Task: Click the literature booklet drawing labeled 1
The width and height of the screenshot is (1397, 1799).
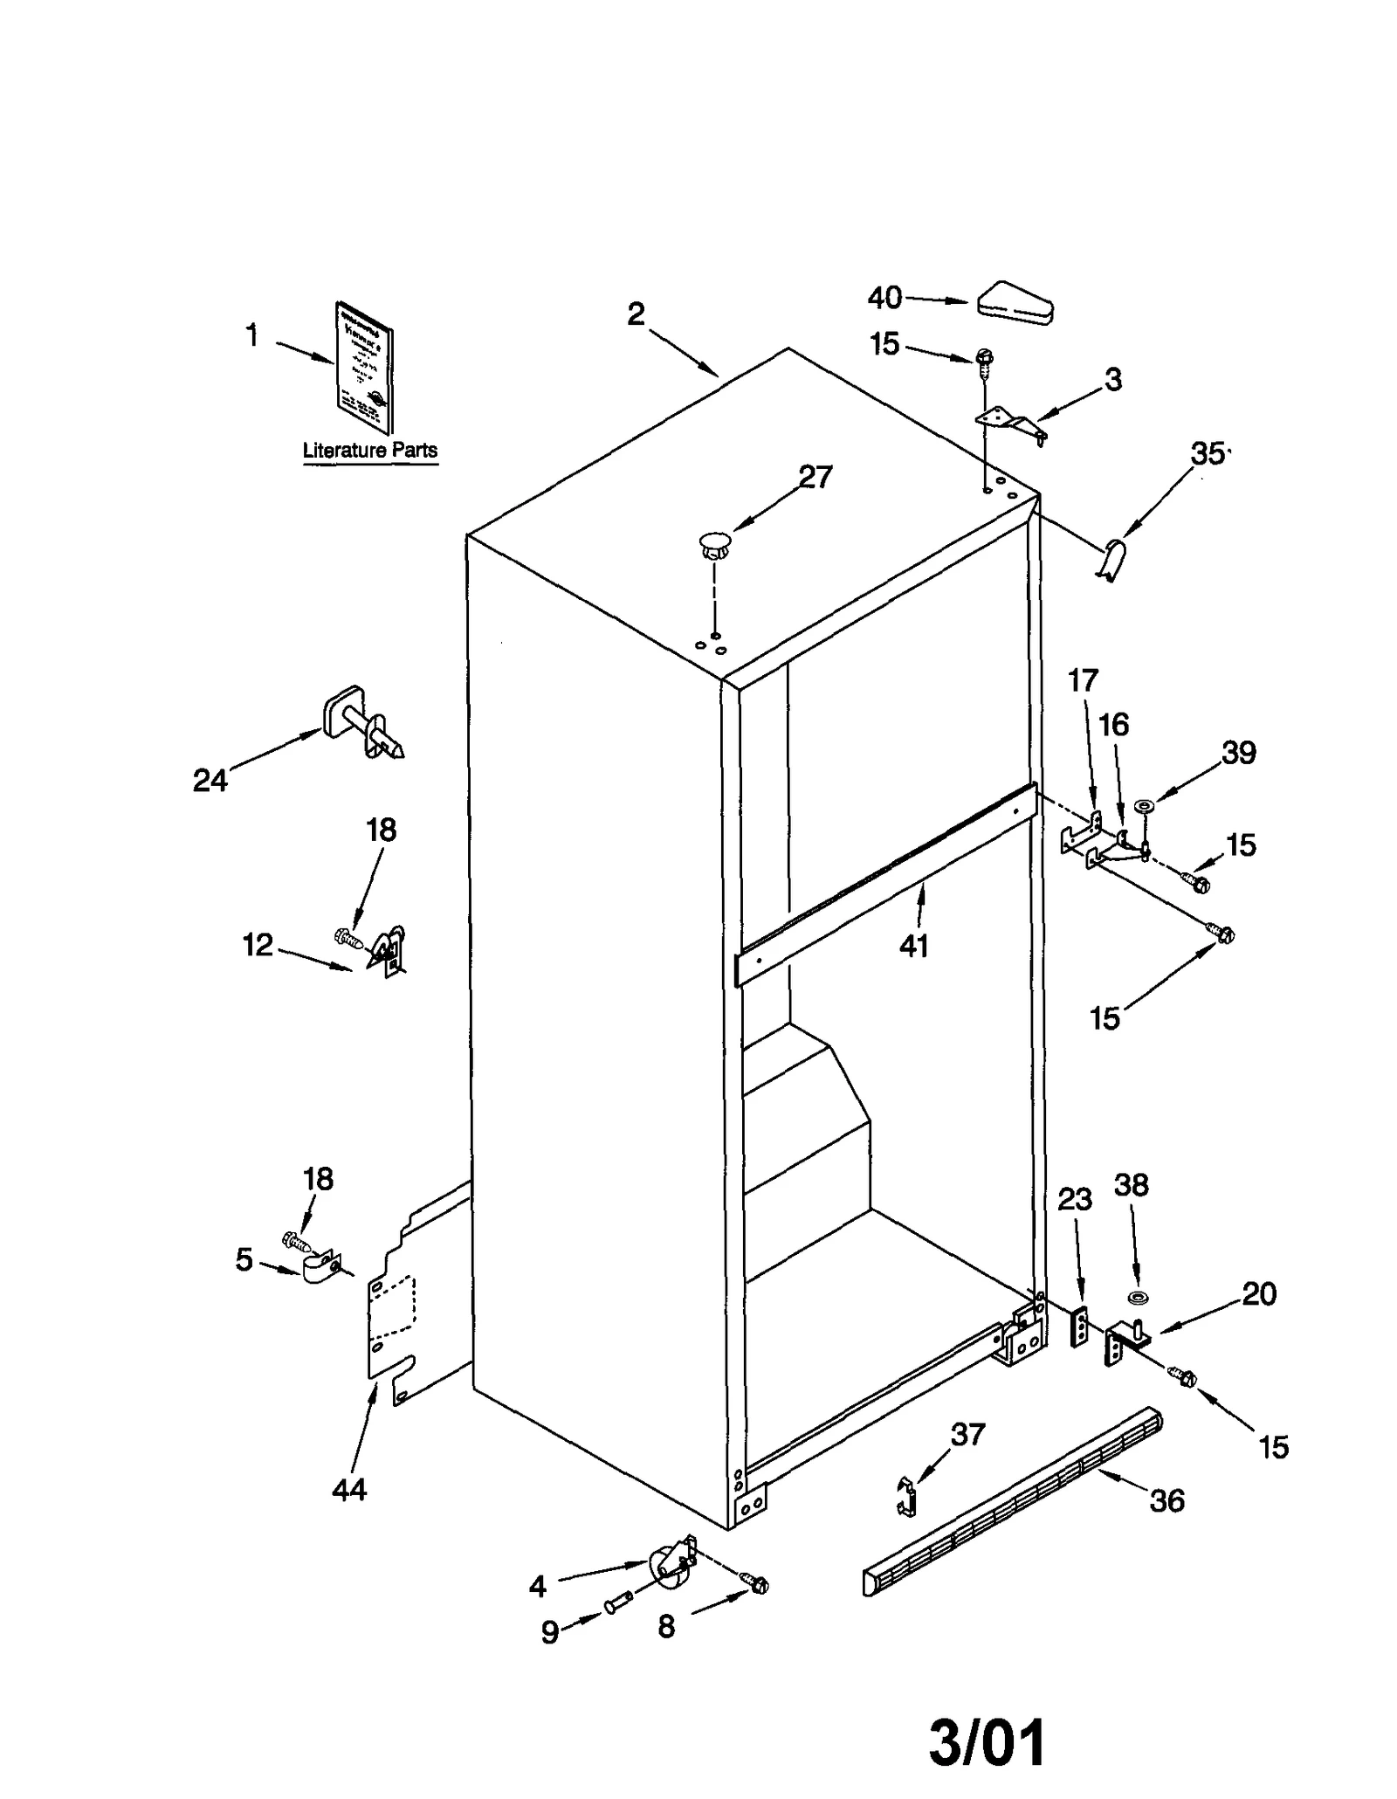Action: tap(364, 368)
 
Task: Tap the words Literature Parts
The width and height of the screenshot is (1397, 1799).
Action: tap(369, 451)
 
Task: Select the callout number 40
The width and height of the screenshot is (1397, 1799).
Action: tap(884, 298)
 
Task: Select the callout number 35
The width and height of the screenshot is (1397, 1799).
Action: tap(1208, 453)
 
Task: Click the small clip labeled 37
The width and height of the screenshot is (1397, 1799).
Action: tap(907, 1496)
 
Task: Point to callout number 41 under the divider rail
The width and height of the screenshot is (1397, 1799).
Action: tap(913, 946)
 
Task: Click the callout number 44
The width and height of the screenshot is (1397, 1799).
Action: tap(349, 1489)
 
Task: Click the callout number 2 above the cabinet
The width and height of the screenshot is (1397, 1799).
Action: tap(636, 314)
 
